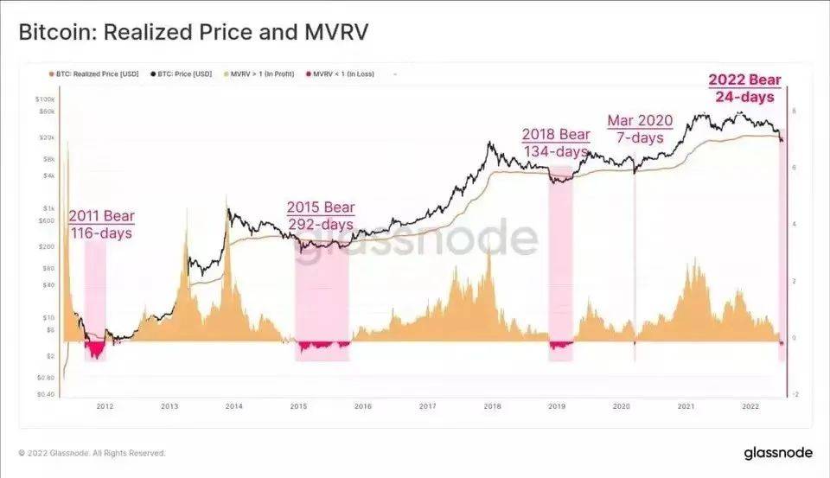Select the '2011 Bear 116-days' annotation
pos(101,223)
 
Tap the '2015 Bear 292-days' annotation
pos(321,216)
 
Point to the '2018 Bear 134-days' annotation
pos(556,143)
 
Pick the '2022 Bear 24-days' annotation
pos(744,88)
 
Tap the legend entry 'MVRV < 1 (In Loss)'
pos(332,74)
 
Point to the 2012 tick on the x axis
pos(105,405)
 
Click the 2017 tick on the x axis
pos(427,405)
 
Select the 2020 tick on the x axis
pos(621,405)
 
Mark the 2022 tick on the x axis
pos(750,405)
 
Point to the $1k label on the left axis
pos(48,208)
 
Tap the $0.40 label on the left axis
pos(45,393)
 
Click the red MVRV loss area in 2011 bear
pos(94,349)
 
